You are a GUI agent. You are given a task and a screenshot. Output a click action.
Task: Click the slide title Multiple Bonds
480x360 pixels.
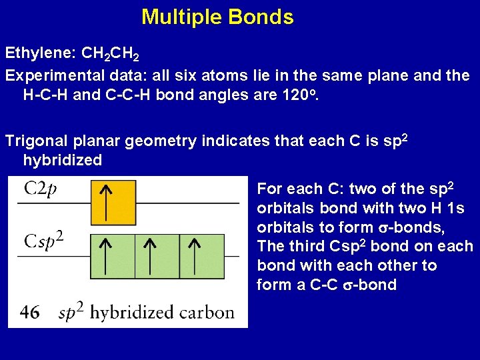[217, 17]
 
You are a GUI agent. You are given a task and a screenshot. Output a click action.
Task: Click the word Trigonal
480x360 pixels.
[33, 141]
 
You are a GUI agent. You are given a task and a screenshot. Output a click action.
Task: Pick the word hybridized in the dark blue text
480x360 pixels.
[63, 160]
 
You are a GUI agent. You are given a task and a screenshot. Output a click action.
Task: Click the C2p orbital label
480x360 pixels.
[41, 189]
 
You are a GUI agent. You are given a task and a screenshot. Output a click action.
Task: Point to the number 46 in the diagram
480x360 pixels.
[29, 311]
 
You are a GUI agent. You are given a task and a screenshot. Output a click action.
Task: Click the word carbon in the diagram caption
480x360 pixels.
[209, 311]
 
